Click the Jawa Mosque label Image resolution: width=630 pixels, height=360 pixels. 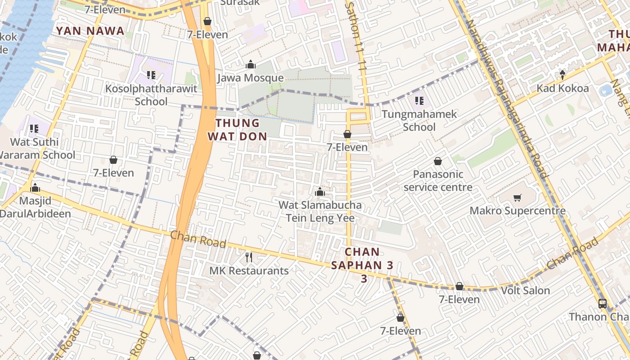[251, 78]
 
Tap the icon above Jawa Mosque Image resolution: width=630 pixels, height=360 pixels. [251, 65]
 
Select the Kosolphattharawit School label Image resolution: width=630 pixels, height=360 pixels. [151, 95]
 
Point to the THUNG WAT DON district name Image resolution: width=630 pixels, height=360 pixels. [238, 130]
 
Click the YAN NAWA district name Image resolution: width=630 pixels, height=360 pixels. [90, 31]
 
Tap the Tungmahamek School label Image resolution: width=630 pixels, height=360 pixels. [419, 121]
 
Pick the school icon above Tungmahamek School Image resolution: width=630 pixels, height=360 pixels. [419, 101]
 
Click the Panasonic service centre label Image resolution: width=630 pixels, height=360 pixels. [438, 181]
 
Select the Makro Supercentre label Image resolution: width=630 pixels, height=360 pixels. [517, 211]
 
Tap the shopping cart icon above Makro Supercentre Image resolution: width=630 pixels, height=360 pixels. [517, 198]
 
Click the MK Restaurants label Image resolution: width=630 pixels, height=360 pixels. [249, 271]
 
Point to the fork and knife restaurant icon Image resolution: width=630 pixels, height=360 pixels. [248, 257]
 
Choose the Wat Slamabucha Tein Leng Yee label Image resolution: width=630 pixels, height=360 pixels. [320, 212]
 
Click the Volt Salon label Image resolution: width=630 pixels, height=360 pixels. [526, 291]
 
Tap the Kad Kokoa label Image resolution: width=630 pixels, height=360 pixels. [562, 88]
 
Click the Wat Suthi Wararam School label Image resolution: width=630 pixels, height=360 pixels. [36, 148]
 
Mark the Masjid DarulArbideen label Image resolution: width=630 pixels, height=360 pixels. [35, 207]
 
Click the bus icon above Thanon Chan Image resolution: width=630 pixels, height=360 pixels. [603, 304]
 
